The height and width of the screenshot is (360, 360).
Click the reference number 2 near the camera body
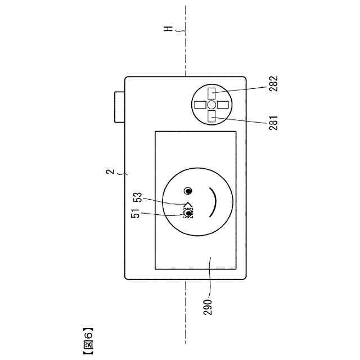[x=110, y=172]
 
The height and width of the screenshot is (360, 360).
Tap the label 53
[x=138, y=197]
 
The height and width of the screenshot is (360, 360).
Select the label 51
[x=136, y=214]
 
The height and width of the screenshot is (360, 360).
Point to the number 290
[x=208, y=307]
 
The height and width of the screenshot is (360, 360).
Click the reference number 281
[x=273, y=123]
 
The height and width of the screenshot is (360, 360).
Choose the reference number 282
[x=273, y=84]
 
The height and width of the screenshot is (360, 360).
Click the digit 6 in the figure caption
[x=89, y=335]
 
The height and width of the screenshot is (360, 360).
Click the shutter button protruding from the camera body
[x=120, y=107]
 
